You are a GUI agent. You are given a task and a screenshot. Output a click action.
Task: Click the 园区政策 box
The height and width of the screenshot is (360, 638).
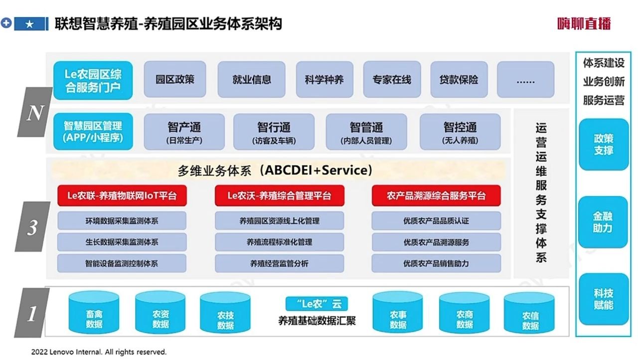pos(175,79)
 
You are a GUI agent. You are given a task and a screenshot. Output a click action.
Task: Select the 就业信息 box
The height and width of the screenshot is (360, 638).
pos(252,79)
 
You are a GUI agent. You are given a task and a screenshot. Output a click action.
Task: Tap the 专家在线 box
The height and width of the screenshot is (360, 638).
pos(392,79)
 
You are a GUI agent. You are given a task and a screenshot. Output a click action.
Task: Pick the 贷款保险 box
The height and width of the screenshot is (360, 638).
pos(459,79)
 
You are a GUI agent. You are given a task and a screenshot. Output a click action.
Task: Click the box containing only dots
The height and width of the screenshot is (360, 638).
pos(525,80)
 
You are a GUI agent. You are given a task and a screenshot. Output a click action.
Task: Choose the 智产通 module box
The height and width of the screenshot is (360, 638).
pos(184,132)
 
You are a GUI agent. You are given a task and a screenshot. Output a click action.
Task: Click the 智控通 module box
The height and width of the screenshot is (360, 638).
pos(460,132)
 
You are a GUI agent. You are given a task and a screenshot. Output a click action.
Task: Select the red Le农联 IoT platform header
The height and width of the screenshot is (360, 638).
pos(122,195)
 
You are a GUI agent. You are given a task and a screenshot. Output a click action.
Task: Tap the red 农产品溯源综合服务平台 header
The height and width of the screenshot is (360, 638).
pos(436,195)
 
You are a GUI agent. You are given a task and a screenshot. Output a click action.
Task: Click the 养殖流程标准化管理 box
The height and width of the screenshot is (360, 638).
pos(279,242)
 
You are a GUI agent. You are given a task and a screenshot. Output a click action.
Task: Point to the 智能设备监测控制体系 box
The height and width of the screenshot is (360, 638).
pos(122,263)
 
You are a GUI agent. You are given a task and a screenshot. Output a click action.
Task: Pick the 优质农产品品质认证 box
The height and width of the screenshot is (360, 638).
pos(436,220)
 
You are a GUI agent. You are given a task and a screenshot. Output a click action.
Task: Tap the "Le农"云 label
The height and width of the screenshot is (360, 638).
pos(317,303)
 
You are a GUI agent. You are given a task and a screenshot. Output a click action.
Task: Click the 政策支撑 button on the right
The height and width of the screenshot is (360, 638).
pos(603,145)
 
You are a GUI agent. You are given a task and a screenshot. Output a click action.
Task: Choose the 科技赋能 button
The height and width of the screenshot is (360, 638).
pos(603,299)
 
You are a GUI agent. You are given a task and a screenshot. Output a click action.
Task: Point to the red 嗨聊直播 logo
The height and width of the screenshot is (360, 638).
pos(584,23)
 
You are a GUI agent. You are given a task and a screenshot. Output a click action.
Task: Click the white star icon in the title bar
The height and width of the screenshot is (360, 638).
pos(29,23)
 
